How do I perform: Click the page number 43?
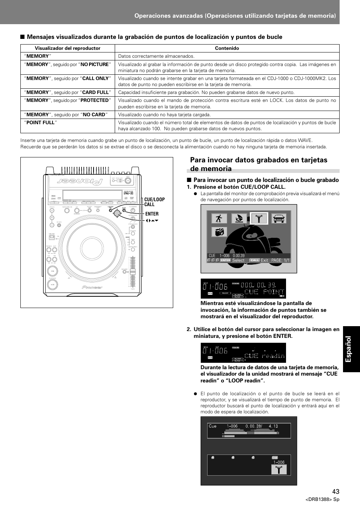336,491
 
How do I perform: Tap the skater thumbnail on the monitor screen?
219,219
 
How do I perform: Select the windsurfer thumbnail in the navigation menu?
239,219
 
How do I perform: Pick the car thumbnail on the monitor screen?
279,219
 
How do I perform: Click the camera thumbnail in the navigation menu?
219,232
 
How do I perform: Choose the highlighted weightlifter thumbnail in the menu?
259,219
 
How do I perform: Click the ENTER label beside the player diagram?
152,214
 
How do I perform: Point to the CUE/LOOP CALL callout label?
154,202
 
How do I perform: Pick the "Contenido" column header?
227,48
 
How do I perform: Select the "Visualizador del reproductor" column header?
68,48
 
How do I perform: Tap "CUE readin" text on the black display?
263,356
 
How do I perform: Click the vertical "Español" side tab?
351,349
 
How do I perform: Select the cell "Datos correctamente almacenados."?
156,56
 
